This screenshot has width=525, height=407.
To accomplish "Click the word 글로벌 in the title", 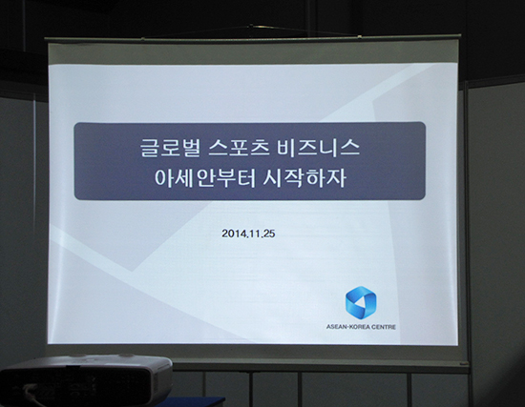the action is tap(170, 148).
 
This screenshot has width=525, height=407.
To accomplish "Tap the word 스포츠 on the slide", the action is tap(239, 148).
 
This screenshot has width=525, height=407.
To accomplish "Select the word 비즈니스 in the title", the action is tap(318, 148).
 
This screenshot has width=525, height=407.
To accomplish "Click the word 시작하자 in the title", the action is tap(304, 177).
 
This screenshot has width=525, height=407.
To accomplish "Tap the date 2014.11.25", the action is tap(248, 234).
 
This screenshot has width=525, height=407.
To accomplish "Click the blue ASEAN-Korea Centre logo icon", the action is tap(361, 303).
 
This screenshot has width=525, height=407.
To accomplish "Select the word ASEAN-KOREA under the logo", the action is tap(347, 327).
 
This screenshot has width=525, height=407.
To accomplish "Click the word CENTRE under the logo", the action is tap(384, 327).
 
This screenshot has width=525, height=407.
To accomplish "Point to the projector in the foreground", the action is tap(86, 380).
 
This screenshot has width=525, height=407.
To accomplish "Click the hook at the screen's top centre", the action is tap(250, 27).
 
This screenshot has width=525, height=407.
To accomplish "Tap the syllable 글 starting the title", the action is tap(149, 148).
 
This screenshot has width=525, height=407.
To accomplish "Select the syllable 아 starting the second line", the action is tap(164, 177).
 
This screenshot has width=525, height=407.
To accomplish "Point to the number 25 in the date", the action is tap(269, 234).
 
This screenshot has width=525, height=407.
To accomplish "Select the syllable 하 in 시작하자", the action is tap(316, 177).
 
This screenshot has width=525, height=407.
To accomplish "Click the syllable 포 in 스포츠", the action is tap(239, 148).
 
